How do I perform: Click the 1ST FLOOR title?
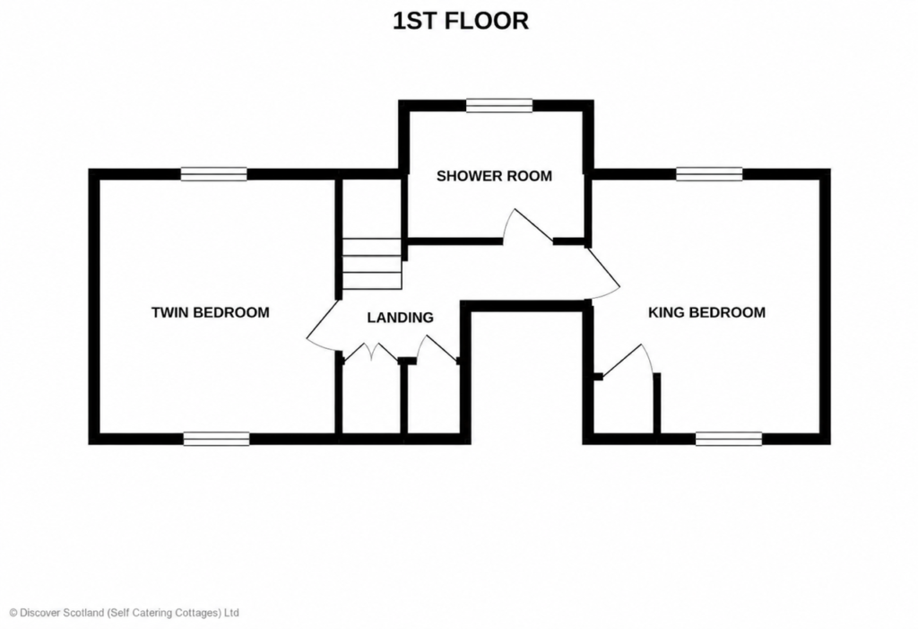pos(461,22)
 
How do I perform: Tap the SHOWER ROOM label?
pos(494,176)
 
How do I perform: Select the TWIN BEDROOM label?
pos(210,312)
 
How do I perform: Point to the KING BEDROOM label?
pos(706,312)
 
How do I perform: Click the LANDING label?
pos(401,317)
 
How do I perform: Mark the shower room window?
pos(499,106)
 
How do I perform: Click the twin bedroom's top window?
pos(213,174)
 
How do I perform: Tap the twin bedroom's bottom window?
pos(217,439)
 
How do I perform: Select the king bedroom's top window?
pos(710,174)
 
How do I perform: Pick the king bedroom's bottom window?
pos(729,439)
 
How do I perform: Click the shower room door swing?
pos(528,225)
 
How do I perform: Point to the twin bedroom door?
pos(323,327)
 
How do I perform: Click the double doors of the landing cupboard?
pos(370,352)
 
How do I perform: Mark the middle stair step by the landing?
pos(372,264)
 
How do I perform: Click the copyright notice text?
pos(124,613)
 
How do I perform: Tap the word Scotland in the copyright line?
pos(82,613)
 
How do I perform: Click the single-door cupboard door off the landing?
pos(437,349)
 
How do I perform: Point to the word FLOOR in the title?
pos(487,22)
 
